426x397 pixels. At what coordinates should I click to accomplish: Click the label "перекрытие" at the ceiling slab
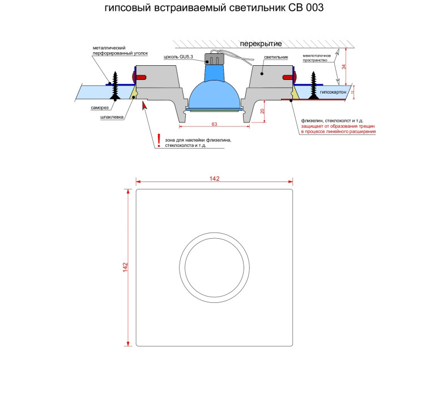261,44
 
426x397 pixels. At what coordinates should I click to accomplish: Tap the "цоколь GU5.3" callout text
178,57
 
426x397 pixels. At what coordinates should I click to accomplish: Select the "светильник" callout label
276,57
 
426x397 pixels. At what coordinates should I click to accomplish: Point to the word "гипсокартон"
333,92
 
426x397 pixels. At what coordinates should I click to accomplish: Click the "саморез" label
100,108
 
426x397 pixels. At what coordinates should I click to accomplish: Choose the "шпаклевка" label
112,117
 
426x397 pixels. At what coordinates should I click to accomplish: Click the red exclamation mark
159,141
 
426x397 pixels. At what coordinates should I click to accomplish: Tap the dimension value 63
214,124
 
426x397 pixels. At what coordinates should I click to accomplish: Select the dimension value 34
344,66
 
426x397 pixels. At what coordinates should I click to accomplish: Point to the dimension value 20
262,111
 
